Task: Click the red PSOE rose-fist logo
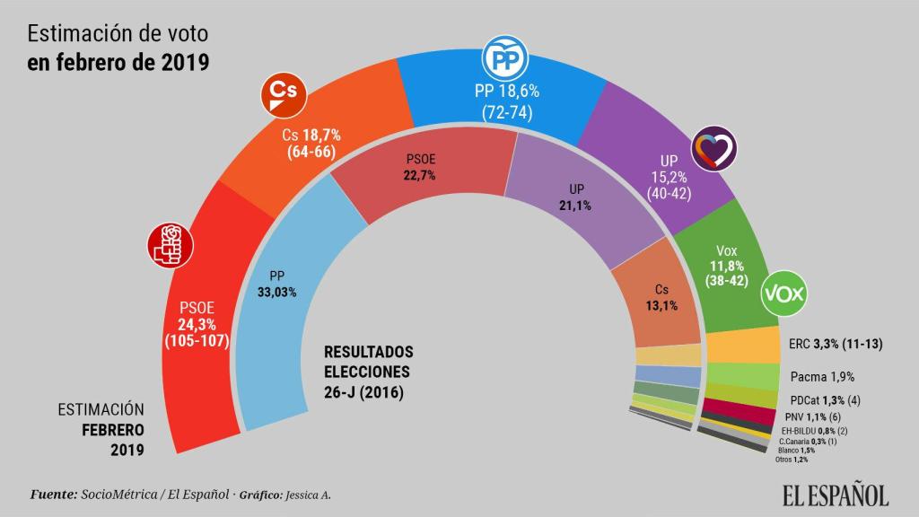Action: coord(171,244)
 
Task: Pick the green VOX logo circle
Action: coord(783,294)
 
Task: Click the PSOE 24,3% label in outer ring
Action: coord(197,325)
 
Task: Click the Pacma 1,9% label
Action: coord(822,377)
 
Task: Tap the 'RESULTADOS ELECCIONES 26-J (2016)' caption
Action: coord(368,372)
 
